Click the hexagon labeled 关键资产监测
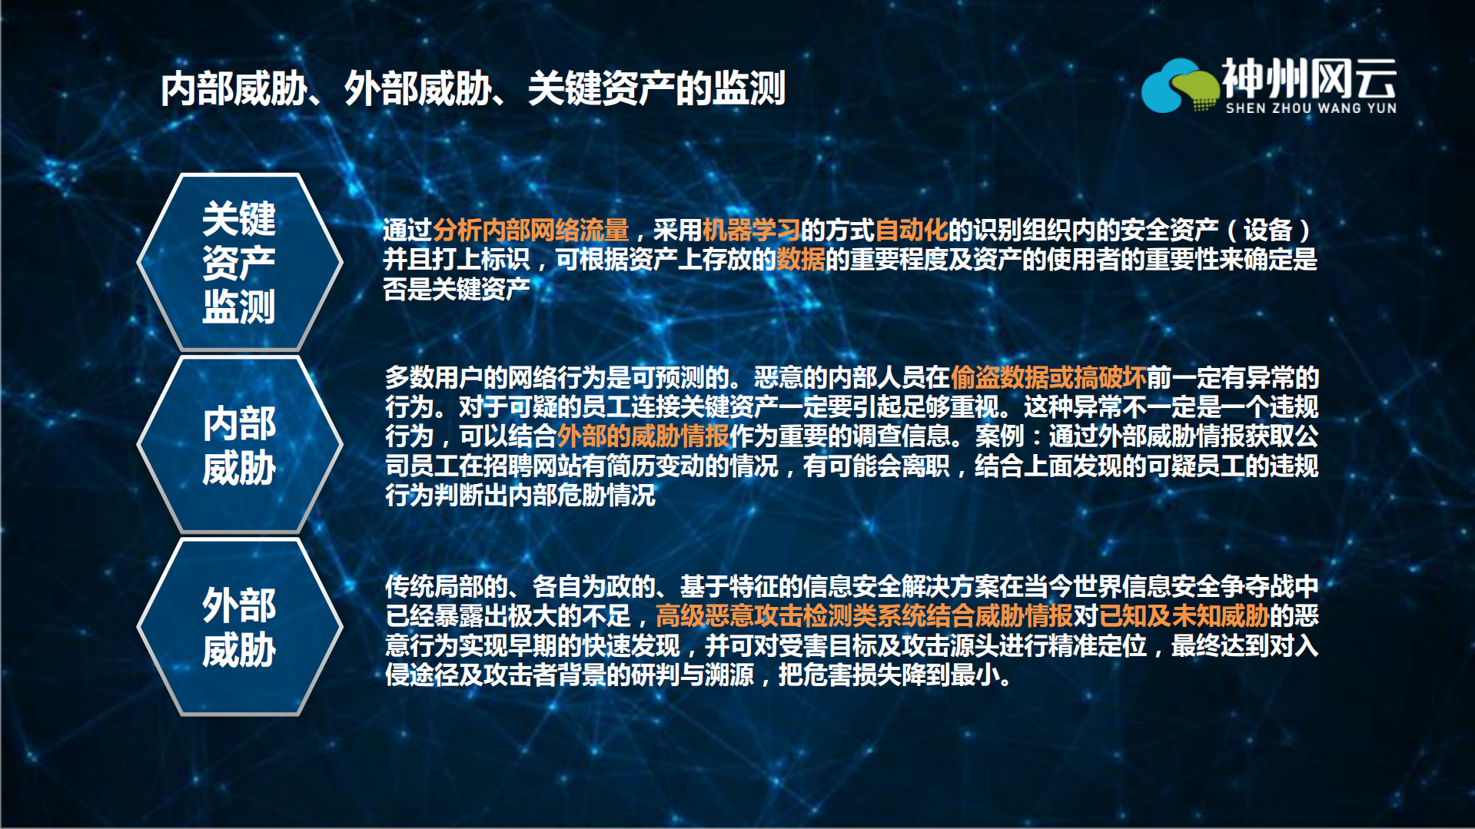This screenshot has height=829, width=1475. [x=239, y=262]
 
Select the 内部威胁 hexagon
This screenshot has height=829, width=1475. [x=239, y=445]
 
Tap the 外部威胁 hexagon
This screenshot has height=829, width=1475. [x=239, y=627]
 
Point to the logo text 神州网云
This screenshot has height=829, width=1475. [x=1308, y=78]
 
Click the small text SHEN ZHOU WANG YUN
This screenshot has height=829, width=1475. [x=1311, y=108]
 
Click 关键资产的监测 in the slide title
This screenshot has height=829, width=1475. [x=656, y=88]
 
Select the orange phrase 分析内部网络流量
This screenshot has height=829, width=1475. [x=530, y=230]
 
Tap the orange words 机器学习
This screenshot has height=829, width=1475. [x=751, y=230]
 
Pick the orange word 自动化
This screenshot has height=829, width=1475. [x=911, y=230]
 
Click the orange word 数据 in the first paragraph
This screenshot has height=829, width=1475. [x=800, y=260]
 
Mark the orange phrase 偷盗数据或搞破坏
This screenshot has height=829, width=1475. [x=1048, y=377]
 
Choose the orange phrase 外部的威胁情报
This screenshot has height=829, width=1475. [x=643, y=436]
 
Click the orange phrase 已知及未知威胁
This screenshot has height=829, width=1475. [x=1184, y=615]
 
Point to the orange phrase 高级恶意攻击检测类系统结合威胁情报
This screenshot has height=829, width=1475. [x=864, y=615]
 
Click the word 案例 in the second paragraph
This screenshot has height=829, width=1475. [x=999, y=436]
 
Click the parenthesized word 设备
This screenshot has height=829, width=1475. [x=1267, y=230]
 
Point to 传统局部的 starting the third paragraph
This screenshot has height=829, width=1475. [x=447, y=586]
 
